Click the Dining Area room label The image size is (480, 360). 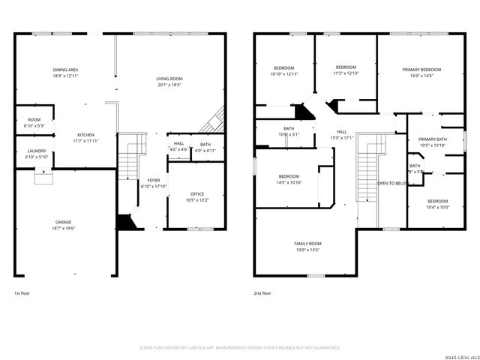(x=66, y=69)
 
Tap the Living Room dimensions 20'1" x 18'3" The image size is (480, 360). (x=169, y=85)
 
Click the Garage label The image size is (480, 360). (x=64, y=222)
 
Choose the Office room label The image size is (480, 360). (x=197, y=194)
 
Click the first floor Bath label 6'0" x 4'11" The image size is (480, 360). (x=205, y=144)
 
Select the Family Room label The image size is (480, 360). (x=307, y=244)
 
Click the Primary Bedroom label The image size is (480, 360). (x=421, y=69)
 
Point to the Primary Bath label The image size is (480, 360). (x=432, y=139)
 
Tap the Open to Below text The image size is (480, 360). (x=391, y=183)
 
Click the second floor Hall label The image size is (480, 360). (x=341, y=131)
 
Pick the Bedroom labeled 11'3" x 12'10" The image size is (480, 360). (x=346, y=67)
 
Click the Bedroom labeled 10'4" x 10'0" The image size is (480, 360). (x=438, y=201)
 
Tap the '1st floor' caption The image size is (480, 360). (x=22, y=293)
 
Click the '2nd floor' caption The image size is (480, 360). (x=262, y=293)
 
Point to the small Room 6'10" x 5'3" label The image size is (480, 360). (x=34, y=119)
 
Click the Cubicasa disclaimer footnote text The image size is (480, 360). (x=240, y=348)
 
